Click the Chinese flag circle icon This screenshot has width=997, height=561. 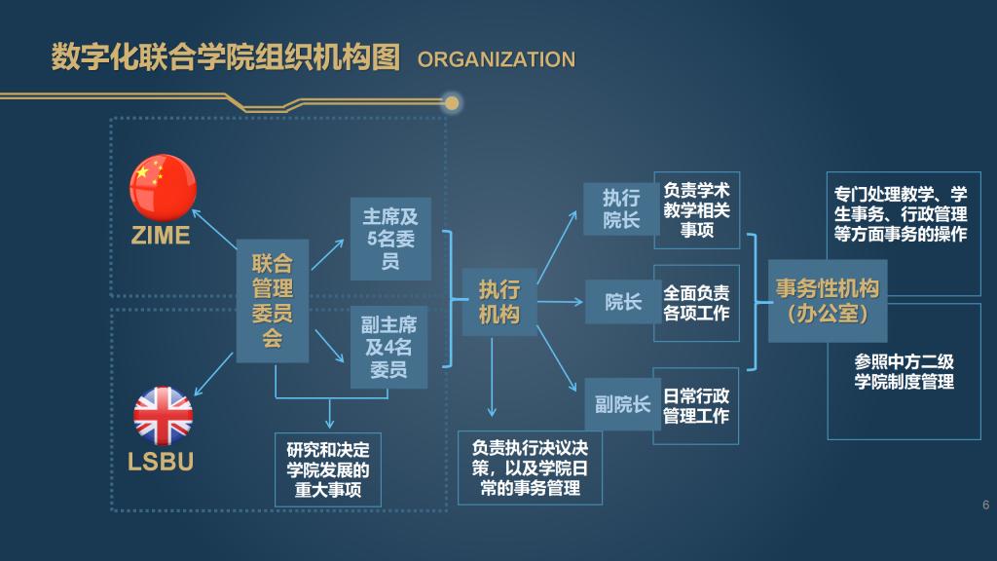pyautogui.click(x=164, y=187)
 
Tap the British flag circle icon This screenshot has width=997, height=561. pyautogui.click(x=164, y=416)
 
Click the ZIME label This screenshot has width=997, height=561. pyautogui.click(x=162, y=236)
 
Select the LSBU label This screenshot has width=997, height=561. pyautogui.click(x=162, y=462)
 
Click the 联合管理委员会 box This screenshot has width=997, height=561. pyautogui.click(x=273, y=301)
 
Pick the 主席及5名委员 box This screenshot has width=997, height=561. pyautogui.click(x=390, y=240)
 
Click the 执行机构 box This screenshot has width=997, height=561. pyautogui.click(x=498, y=302)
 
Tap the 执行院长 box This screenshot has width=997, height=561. pyautogui.click(x=621, y=207)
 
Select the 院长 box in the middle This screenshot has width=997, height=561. pyautogui.click(x=622, y=302)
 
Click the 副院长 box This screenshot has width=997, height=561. pyautogui.click(x=622, y=404)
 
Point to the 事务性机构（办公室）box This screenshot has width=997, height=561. pyautogui.click(x=827, y=301)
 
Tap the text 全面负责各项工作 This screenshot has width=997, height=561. pyautogui.click(x=696, y=303)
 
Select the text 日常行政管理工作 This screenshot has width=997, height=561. pyautogui.click(x=696, y=406)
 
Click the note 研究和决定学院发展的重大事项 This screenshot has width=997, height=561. pyautogui.click(x=328, y=470)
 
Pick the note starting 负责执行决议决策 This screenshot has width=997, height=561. pyautogui.click(x=530, y=468)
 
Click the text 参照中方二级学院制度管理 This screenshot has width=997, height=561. pyautogui.click(x=904, y=371)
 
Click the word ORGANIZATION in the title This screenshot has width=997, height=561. pyautogui.click(x=497, y=59)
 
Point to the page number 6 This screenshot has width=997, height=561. pyautogui.click(x=985, y=505)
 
